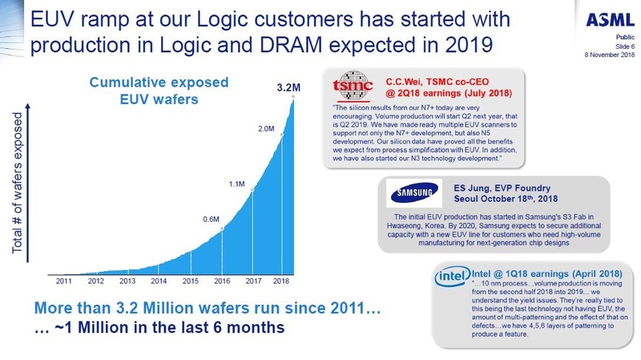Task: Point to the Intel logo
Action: point(449,277)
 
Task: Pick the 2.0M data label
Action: point(264,128)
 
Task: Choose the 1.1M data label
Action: point(236,184)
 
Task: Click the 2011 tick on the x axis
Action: point(64,281)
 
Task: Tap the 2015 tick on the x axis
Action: point(191,281)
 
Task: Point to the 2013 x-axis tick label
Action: point(127,281)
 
